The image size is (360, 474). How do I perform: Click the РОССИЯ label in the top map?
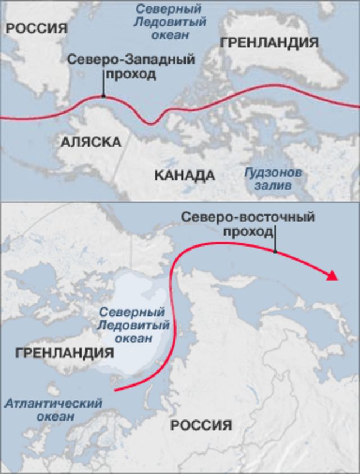pyautogui.click(x=37, y=29)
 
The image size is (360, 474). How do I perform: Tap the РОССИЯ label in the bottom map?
pyautogui.click(x=201, y=425)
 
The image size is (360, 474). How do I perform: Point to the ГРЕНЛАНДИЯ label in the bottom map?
pyautogui.click(x=65, y=353)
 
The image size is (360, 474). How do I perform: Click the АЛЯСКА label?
pyautogui.click(x=91, y=142)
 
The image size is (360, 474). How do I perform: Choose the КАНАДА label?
pyautogui.click(x=184, y=175)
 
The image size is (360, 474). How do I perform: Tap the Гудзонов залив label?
pyautogui.click(x=273, y=178)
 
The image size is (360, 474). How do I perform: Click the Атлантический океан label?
pyautogui.click(x=53, y=410)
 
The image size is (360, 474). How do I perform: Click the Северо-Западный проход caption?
pyautogui.click(x=130, y=66)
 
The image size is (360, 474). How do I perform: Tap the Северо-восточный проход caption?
pyautogui.click(x=248, y=224)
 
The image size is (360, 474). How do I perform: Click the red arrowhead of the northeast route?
pyautogui.click(x=332, y=275)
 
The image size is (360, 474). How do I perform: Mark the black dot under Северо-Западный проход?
pyautogui.click(x=103, y=96)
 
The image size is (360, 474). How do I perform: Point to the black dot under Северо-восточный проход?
pyautogui.click(x=275, y=251)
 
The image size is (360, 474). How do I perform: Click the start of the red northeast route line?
pyautogui.click(x=115, y=390)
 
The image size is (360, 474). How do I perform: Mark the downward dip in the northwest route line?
pyautogui.click(x=150, y=122)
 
